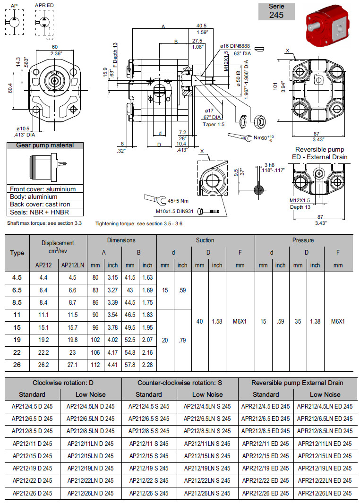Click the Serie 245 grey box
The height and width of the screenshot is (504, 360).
[276, 11]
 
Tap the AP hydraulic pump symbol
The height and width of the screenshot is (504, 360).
[14, 22]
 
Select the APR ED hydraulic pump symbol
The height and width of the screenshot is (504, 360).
[44, 22]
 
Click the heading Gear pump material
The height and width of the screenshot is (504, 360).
[45, 145]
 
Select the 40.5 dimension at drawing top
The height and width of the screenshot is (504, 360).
[202, 26]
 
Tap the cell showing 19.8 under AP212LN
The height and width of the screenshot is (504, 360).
[73, 339]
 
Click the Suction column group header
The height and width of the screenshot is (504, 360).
[205, 240]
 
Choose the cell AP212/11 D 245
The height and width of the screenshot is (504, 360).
[33, 444]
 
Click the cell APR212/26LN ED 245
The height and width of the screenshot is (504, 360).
[325, 493]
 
